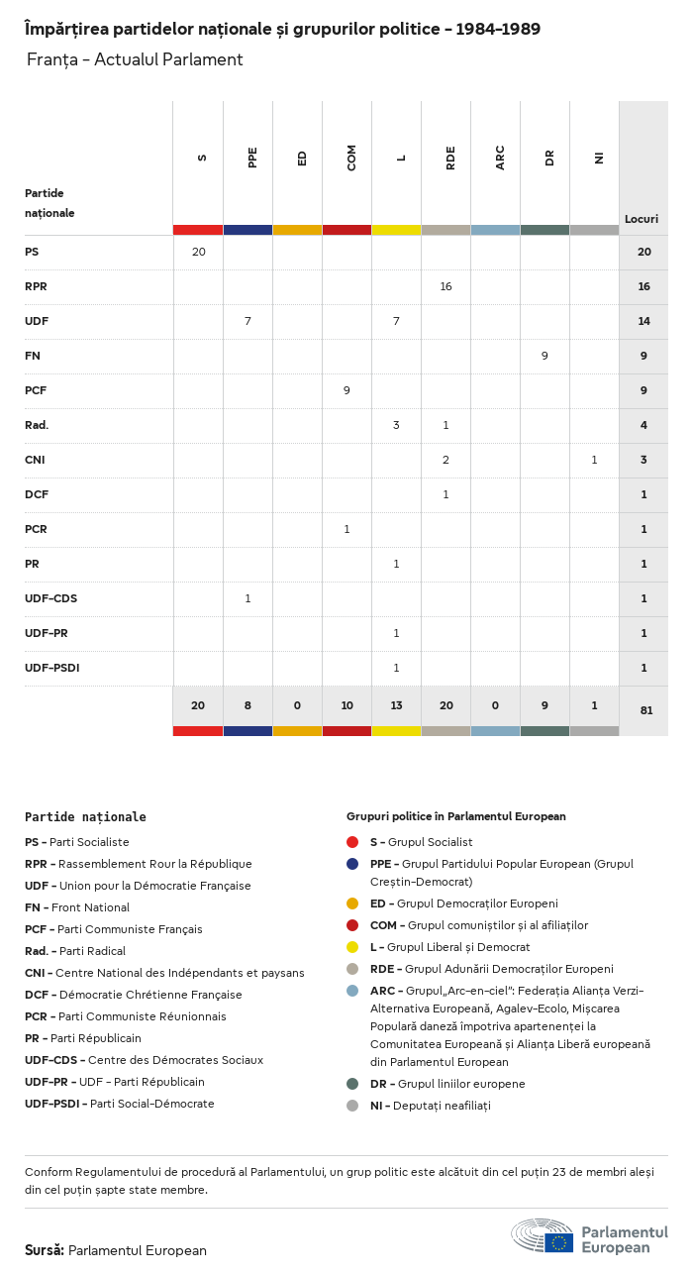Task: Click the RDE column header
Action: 450,158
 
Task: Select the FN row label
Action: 33,356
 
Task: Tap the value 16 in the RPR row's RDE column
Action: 445,286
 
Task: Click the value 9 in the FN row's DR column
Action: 544,356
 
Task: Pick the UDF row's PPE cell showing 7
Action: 247,321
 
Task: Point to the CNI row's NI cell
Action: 594,460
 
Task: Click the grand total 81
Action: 644,710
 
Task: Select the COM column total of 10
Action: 346,705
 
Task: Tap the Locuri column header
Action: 642,219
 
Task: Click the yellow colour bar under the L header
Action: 396,230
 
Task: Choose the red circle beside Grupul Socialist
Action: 352,842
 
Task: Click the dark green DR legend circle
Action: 352,1084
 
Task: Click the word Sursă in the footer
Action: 45,1250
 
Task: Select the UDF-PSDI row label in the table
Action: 51,668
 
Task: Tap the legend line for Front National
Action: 77,907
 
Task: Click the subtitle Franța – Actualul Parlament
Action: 135,59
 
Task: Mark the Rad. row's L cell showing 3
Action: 396,425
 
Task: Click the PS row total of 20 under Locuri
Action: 644,252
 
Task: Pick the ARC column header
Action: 500,158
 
